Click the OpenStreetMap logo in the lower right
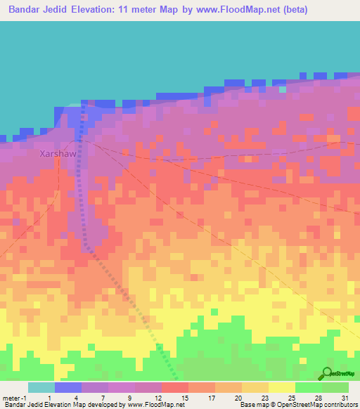coord(335,375)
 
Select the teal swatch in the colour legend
coord(41,387)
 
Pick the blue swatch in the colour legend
coord(68,387)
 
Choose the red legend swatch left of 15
coord(175,387)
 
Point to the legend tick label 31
coord(345,398)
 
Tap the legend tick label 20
coord(238,398)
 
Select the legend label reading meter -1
coord(14,398)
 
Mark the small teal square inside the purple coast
coord(283,89)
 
